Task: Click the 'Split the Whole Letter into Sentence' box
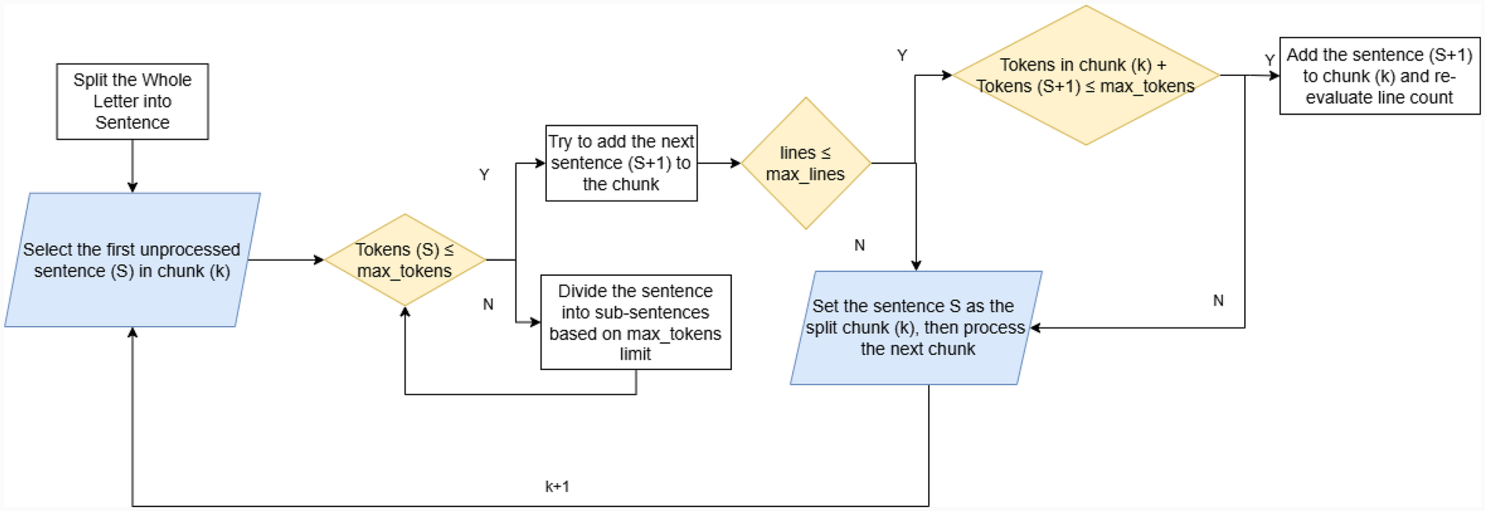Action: [x=132, y=101]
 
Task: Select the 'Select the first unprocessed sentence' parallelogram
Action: [x=132, y=259]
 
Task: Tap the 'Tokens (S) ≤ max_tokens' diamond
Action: [x=405, y=259]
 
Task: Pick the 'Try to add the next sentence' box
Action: [x=621, y=163]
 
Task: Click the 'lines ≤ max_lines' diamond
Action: [x=806, y=163]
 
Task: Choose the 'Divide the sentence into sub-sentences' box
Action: [x=635, y=321]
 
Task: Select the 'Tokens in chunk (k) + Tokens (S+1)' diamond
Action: [x=1085, y=75]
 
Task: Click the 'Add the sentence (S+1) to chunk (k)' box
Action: [x=1379, y=75]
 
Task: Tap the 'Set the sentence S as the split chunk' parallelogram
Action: [x=915, y=328]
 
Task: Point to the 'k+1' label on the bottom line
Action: [x=557, y=487]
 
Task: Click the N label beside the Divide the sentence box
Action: [x=488, y=304]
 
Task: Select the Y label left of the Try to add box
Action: [x=484, y=175]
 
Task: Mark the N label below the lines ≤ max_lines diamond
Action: [x=860, y=245]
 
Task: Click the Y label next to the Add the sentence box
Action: [x=1269, y=60]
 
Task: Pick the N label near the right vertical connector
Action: [x=1218, y=300]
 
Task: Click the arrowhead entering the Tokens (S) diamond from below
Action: [x=405, y=312]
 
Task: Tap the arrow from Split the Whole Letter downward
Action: [x=132, y=165]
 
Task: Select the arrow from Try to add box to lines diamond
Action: [x=719, y=163]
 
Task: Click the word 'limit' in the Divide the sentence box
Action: [x=635, y=354]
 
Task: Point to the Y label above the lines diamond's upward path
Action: [x=902, y=56]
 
